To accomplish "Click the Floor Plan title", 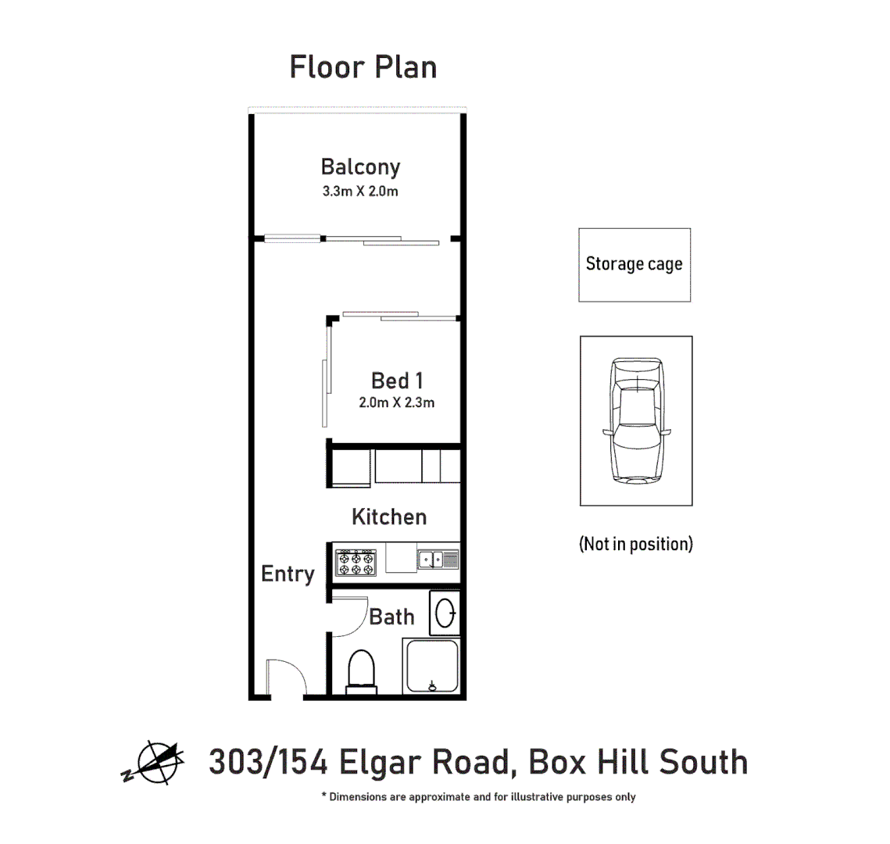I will click(x=363, y=67).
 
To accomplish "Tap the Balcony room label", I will click(x=360, y=167).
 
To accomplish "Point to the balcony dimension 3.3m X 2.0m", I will click(x=360, y=191).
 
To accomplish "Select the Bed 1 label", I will click(x=397, y=381).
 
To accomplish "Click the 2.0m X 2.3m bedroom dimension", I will click(x=397, y=403).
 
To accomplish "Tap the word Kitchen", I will click(x=389, y=517).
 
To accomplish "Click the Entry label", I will click(x=288, y=574).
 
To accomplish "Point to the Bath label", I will click(x=391, y=617).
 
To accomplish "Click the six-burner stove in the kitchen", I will click(x=356, y=562).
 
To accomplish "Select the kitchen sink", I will click(x=438, y=560).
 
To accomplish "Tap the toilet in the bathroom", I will click(x=361, y=671).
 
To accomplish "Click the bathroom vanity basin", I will click(x=445, y=613).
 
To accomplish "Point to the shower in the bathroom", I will click(x=432, y=666).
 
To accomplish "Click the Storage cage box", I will click(x=634, y=265).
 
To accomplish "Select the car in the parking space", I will click(x=636, y=421).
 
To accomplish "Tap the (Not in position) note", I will click(x=635, y=544).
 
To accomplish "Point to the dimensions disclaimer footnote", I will click(x=478, y=797).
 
